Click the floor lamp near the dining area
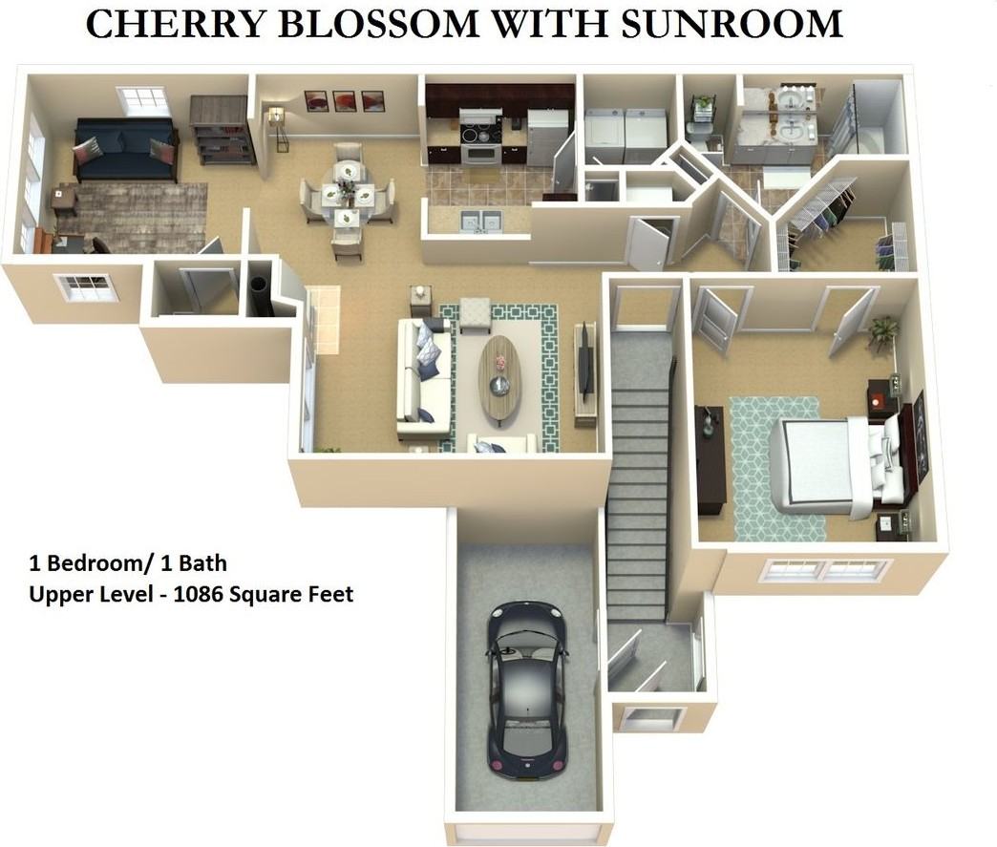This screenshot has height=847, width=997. point(278,127)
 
